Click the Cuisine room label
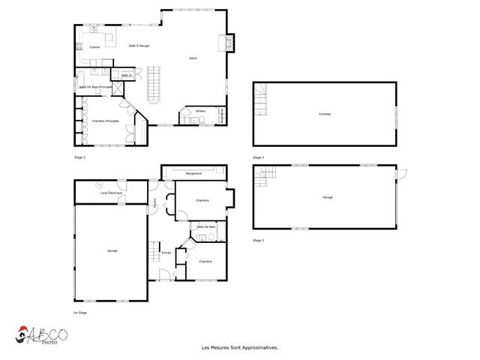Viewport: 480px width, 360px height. point(94,47)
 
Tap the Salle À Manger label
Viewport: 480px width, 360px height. point(139,46)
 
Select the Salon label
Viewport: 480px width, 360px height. point(193,58)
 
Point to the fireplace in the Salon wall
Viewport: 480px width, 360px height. point(223,43)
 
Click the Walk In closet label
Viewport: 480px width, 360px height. point(126,75)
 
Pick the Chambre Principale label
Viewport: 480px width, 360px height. point(105,121)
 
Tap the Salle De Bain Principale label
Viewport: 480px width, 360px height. point(96,88)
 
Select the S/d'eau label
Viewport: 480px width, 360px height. point(200,111)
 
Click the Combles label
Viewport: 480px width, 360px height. point(324,114)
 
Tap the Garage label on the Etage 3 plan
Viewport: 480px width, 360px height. point(328,197)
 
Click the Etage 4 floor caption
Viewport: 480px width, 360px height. point(259,157)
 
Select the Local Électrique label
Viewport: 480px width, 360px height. point(110,194)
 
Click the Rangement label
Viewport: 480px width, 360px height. point(193,173)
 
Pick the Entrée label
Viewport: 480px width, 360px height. point(166,253)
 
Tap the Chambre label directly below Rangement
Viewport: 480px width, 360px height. point(202,201)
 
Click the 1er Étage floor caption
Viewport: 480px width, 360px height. point(80,312)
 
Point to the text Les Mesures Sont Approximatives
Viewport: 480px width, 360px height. point(240,348)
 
